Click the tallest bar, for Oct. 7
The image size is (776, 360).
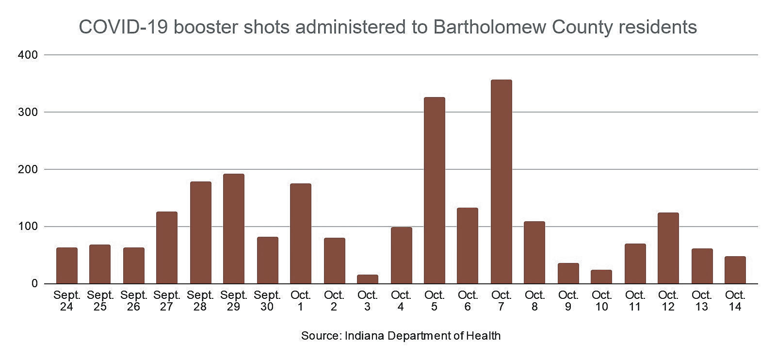pyautogui.click(x=501, y=181)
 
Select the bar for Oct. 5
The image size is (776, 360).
pyautogui.click(x=434, y=190)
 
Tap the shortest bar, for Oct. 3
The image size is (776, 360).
pyautogui.click(x=367, y=279)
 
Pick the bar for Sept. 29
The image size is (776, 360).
pyautogui.click(x=233, y=229)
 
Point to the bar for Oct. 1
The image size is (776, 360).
pyautogui.click(x=300, y=233)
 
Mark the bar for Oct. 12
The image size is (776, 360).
pyautogui.click(x=668, y=248)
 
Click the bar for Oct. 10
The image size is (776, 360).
pyautogui.click(x=601, y=277)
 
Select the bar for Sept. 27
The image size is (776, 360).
pyautogui.click(x=166, y=247)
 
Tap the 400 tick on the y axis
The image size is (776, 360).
pyautogui.click(x=29, y=55)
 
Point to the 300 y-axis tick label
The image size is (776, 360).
pyautogui.click(x=29, y=112)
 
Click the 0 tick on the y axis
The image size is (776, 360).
pyautogui.click(x=34, y=284)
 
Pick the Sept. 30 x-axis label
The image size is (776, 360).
pyautogui.click(x=267, y=301)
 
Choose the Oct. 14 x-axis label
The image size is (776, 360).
pyautogui.click(x=735, y=301)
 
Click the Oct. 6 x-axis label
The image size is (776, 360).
pyautogui.click(x=468, y=301)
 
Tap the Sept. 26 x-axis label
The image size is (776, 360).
pyautogui.click(x=133, y=301)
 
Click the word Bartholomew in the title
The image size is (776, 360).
pyautogui.click(x=489, y=27)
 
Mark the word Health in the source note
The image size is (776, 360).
pyautogui.click(x=484, y=336)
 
